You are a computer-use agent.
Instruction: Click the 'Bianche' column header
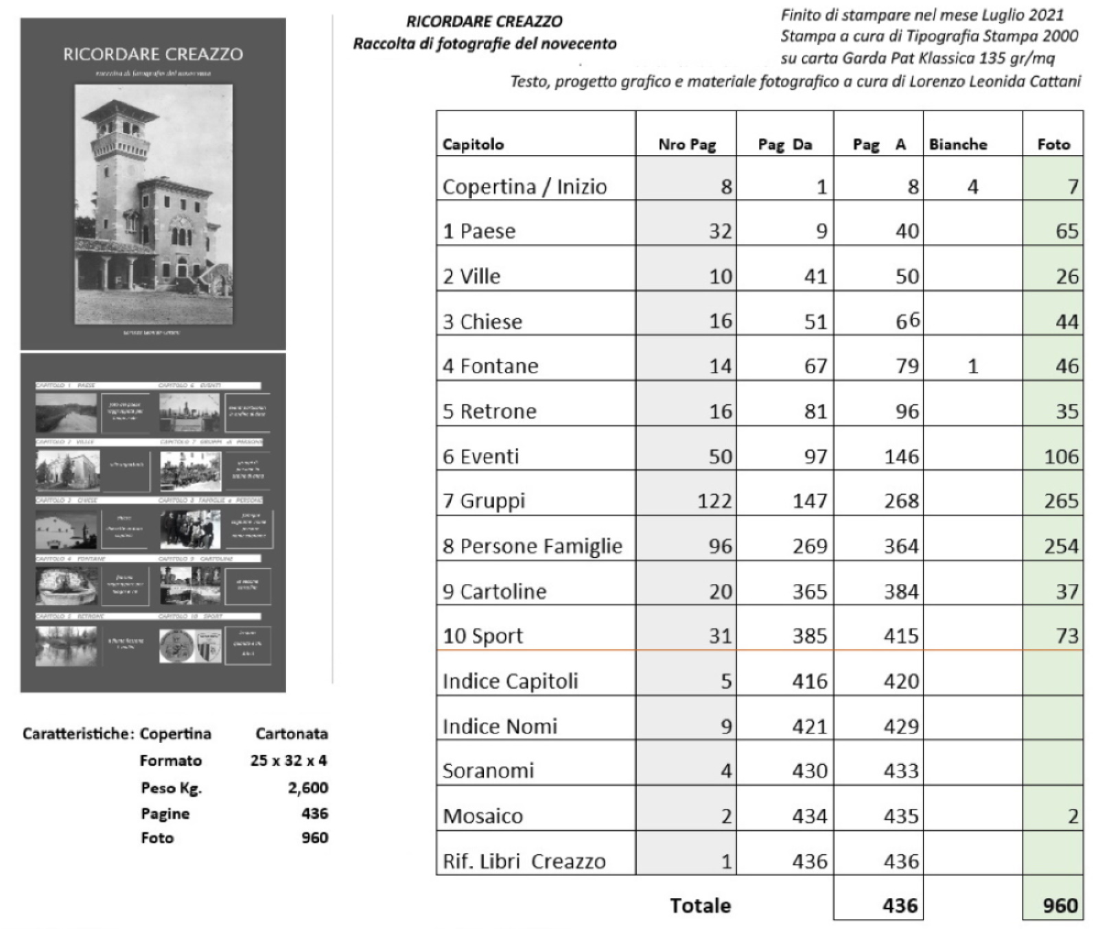tap(957, 144)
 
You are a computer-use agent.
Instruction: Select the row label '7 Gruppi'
tap(484, 501)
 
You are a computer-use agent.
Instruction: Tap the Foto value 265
tap(1061, 501)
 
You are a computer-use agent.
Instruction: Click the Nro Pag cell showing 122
tap(714, 501)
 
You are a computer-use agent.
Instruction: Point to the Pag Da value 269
tap(810, 546)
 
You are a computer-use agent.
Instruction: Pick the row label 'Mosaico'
tap(482, 816)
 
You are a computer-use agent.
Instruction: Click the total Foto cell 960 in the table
tap(1060, 906)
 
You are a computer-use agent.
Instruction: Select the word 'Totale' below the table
tap(700, 906)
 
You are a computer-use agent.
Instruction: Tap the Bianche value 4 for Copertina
tap(972, 187)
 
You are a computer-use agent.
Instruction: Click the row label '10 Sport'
tap(482, 636)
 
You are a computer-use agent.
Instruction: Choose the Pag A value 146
tap(900, 456)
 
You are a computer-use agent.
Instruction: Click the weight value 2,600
tap(307, 788)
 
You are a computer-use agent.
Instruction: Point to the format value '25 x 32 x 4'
tap(288, 760)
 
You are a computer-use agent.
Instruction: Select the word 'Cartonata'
tap(292, 733)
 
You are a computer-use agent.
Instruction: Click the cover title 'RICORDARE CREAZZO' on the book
tap(153, 54)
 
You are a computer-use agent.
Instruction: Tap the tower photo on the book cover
tap(153, 204)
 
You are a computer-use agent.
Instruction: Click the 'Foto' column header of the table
tap(1053, 144)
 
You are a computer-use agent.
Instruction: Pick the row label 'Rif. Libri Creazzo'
tap(524, 861)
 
